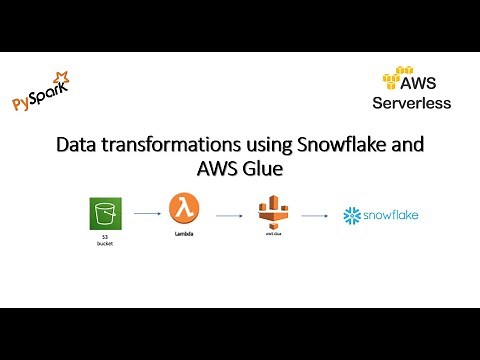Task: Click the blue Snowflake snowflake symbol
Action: tap(351, 215)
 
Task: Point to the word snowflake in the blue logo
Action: tap(390, 215)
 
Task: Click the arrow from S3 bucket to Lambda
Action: tap(146, 213)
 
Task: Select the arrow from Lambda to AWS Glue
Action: tap(231, 214)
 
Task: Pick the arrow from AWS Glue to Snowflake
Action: tap(314, 214)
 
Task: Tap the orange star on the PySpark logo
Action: tap(61, 77)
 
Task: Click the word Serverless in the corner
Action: tap(411, 102)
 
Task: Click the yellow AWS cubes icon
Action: tap(398, 77)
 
